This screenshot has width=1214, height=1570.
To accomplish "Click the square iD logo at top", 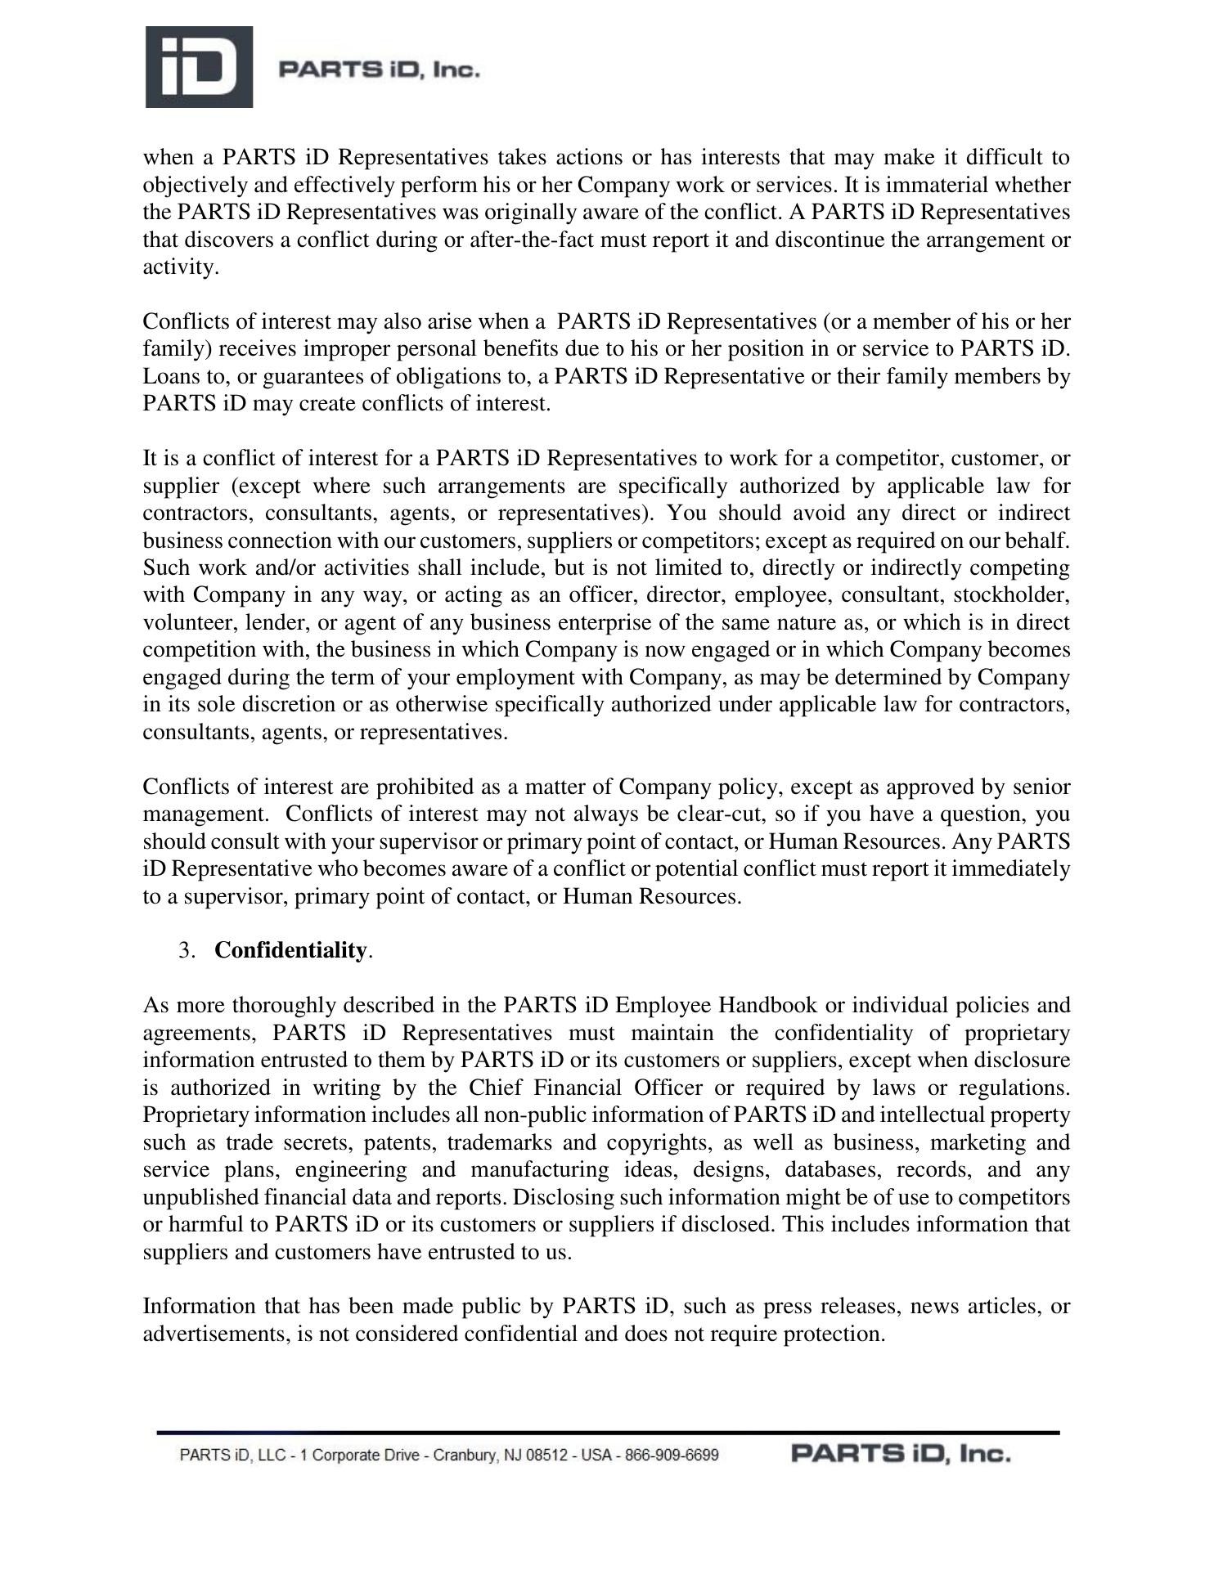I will (x=199, y=67).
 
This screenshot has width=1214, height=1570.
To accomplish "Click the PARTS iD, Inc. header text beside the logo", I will (x=379, y=70).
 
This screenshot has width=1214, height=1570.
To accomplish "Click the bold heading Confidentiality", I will (x=290, y=950).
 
